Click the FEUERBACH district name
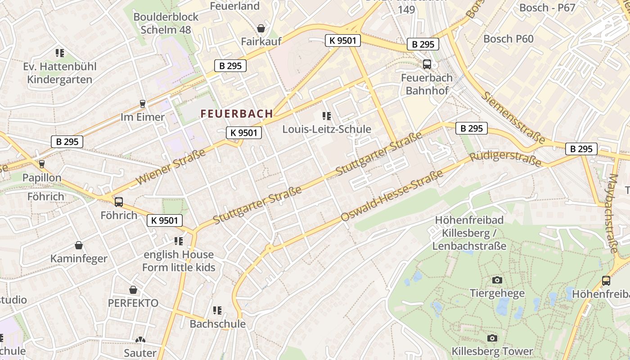pyautogui.click(x=237, y=114)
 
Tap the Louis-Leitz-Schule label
pyautogui.click(x=327, y=129)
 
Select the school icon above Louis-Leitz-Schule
pyautogui.click(x=327, y=116)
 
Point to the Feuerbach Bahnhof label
pyautogui.click(x=427, y=84)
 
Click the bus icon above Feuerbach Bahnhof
pyautogui.click(x=427, y=64)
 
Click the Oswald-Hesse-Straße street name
pyautogui.click(x=391, y=196)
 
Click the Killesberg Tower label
pyautogui.click(x=492, y=351)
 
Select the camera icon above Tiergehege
pyautogui.click(x=497, y=280)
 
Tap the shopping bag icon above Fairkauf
pyautogui.click(x=261, y=29)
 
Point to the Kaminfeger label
pyautogui.click(x=79, y=259)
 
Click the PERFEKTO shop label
pyautogui.click(x=133, y=303)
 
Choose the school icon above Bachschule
pyautogui.click(x=217, y=310)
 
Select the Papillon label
pyautogui.click(x=42, y=178)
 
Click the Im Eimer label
pyautogui.click(x=143, y=117)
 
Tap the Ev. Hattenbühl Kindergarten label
pyautogui.click(x=60, y=73)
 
